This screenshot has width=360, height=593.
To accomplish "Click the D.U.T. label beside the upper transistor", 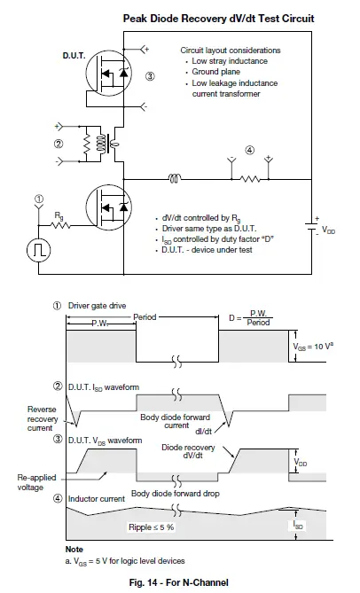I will pos(74,56).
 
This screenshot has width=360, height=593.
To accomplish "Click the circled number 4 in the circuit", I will pos(249,151).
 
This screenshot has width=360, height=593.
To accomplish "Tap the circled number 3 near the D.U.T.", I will pos(150,77).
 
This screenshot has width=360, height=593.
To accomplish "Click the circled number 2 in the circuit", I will pos(59,144).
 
